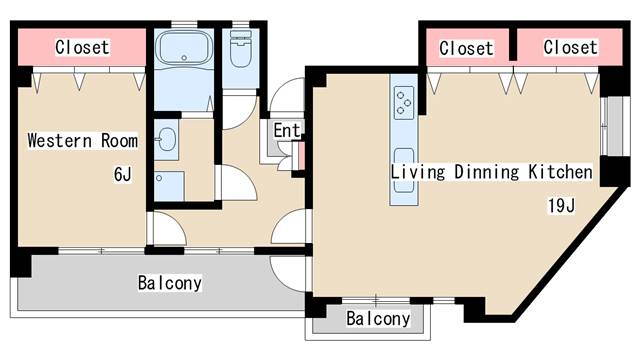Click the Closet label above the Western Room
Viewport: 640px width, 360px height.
(82, 47)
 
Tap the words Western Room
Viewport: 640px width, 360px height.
(82, 140)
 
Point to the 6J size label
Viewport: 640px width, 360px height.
(122, 175)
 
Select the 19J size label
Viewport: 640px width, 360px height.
(560, 207)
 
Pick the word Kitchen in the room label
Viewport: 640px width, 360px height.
(560, 172)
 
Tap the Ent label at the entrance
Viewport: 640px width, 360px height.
(286, 130)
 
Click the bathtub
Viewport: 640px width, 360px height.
(182, 48)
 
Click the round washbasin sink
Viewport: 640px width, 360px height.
(167, 138)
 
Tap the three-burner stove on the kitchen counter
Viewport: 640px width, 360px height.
(405, 99)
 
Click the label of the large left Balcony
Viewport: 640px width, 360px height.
(169, 283)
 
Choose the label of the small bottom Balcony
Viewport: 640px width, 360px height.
(377, 319)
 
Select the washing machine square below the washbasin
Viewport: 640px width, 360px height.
(170, 184)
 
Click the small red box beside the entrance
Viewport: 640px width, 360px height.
(298, 158)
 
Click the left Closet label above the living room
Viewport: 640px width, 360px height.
(466, 47)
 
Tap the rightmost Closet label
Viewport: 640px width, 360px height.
(570, 47)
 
